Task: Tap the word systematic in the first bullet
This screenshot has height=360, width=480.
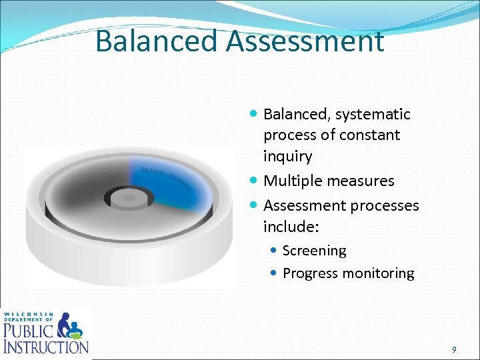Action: click(x=373, y=115)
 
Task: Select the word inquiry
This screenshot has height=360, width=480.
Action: click(x=287, y=157)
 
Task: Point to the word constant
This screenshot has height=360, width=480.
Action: click(x=369, y=135)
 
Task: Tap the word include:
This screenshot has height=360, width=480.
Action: click(x=291, y=227)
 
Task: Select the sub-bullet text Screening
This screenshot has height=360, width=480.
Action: click(x=314, y=251)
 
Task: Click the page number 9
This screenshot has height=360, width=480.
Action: click(x=454, y=349)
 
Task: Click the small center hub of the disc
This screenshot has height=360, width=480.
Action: click(x=124, y=197)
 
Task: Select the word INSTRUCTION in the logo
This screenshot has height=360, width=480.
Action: click(x=45, y=347)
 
